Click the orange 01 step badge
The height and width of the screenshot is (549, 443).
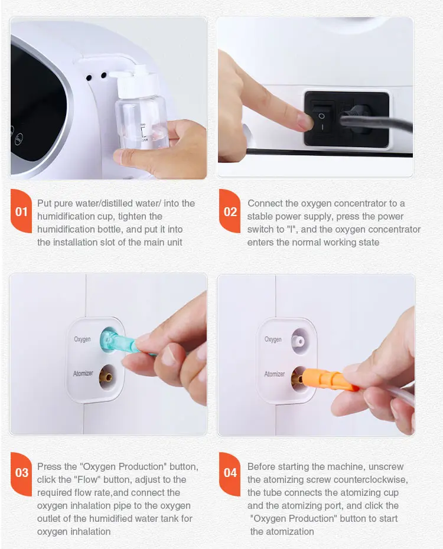click(x=21, y=211)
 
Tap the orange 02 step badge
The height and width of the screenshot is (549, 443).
click(x=230, y=211)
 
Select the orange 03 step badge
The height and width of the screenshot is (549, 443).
click(x=21, y=473)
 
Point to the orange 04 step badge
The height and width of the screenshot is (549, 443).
click(x=230, y=473)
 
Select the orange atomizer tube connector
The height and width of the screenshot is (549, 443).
click(x=328, y=380)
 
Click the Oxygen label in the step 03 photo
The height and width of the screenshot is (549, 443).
click(x=82, y=339)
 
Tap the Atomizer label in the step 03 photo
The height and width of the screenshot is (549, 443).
click(x=83, y=374)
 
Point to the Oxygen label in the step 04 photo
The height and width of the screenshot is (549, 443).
click(x=273, y=339)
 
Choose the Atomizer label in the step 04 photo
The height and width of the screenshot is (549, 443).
click(x=275, y=374)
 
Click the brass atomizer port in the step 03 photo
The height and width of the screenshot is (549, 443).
click(x=107, y=377)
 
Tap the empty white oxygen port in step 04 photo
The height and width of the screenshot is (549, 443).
click(x=300, y=341)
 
